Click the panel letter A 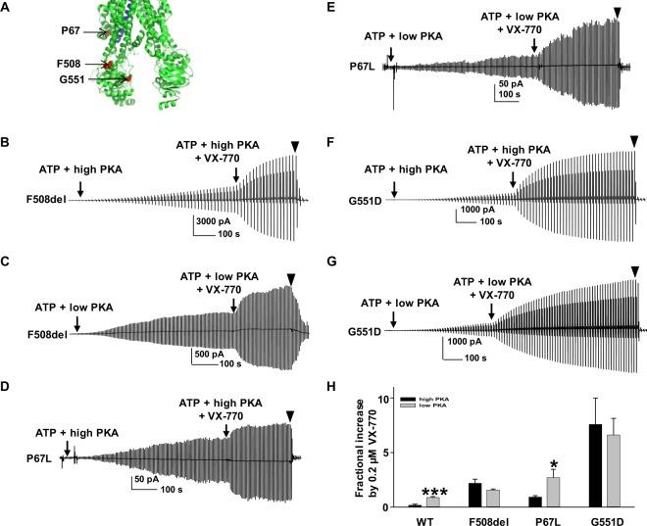pyautogui.click(x=9, y=9)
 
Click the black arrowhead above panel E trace pyautogui.click(x=617, y=12)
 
